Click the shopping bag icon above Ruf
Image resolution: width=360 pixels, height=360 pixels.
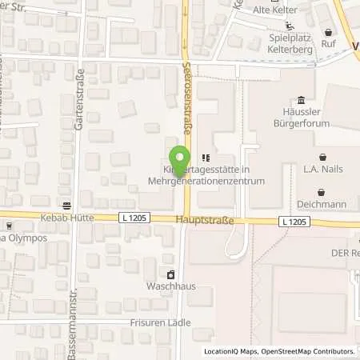[x=328, y=32]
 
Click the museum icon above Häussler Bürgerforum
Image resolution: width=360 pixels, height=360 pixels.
[x=300, y=100]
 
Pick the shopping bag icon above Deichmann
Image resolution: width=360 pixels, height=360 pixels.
[x=322, y=191]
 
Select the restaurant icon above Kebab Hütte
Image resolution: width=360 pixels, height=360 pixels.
[x=65, y=203]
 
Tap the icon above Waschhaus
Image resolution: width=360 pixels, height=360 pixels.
[x=169, y=273]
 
